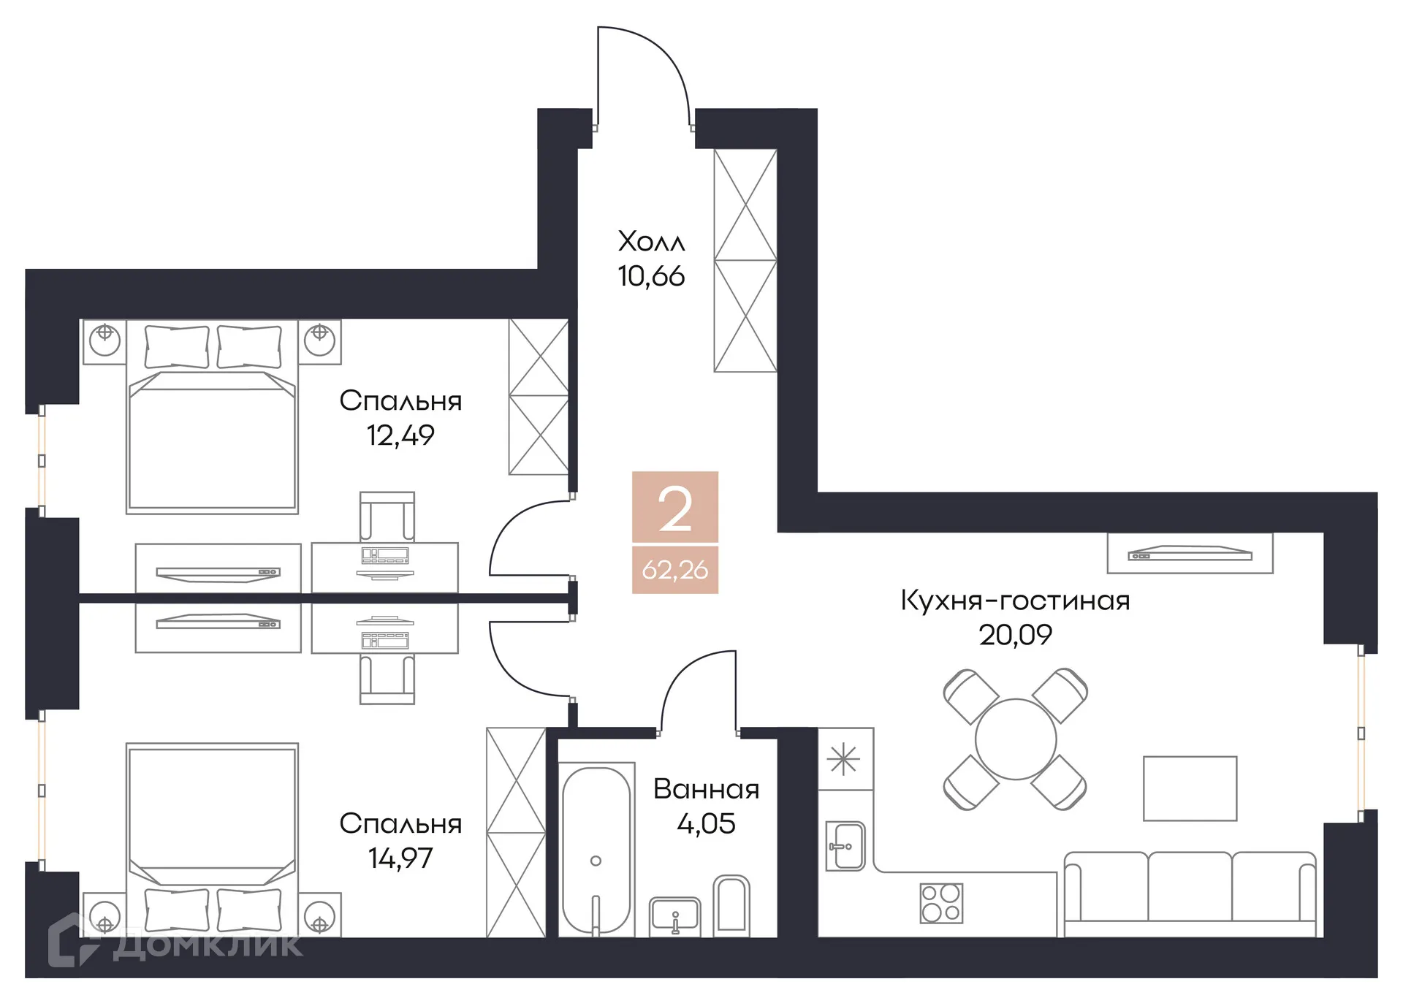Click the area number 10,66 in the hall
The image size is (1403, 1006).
coord(650,276)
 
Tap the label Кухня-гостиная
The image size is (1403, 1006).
coord(1014,601)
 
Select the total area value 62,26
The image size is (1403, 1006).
coord(674,570)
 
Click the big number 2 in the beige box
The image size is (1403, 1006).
coord(674,509)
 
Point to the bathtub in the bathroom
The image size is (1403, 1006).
coord(596,850)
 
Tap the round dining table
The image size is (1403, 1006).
coord(1015,739)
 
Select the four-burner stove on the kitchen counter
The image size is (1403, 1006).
coord(941,903)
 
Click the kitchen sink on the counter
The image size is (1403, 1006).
coord(845,846)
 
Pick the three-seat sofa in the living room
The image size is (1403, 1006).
coord(1189,893)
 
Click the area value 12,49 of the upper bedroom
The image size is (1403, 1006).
coord(400,435)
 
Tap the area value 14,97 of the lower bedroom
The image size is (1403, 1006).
coord(400,858)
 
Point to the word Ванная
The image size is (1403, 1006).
coord(706,789)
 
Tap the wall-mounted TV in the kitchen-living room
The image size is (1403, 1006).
coord(1190,554)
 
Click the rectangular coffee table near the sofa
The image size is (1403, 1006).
coord(1190,788)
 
